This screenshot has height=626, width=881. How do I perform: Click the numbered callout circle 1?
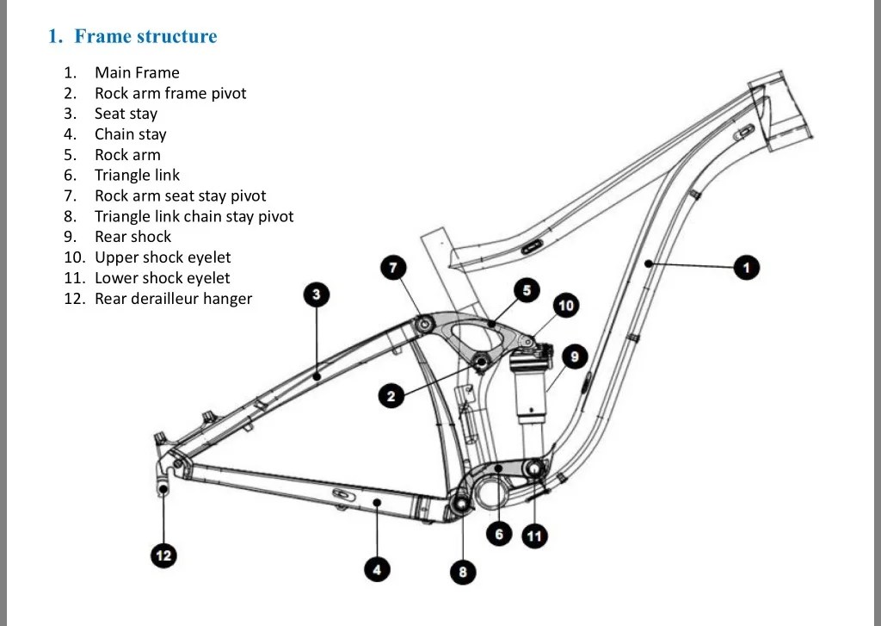click(x=746, y=267)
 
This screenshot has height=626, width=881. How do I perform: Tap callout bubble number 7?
click(x=393, y=267)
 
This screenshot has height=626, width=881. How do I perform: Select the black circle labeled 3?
click(x=317, y=294)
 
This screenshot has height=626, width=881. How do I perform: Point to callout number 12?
click(x=163, y=555)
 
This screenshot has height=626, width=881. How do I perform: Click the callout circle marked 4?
click(x=377, y=570)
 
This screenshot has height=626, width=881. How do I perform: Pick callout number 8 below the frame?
click(x=463, y=572)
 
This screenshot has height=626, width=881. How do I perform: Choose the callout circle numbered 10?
click(x=566, y=306)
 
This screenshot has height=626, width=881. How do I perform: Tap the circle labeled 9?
click(x=574, y=356)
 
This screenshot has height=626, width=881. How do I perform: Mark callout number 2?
click(x=391, y=396)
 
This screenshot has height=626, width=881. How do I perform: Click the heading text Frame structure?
click(x=145, y=36)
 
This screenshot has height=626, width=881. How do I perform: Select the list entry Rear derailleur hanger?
click(x=173, y=298)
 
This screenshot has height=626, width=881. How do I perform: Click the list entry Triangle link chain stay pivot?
click(x=194, y=216)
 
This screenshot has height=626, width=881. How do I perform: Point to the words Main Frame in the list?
click(x=137, y=72)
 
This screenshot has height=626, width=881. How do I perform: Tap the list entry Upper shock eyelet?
click(x=163, y=257)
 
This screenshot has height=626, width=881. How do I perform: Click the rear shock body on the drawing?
click(x=529, y=394)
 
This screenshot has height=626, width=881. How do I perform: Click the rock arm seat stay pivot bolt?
click(x=423, y=324)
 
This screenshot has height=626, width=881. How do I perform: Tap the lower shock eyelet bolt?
click(x=533, y=468)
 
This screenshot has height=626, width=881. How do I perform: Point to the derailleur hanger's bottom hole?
click(x=163, y=489)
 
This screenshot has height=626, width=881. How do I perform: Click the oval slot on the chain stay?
click(x=343, y=494)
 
